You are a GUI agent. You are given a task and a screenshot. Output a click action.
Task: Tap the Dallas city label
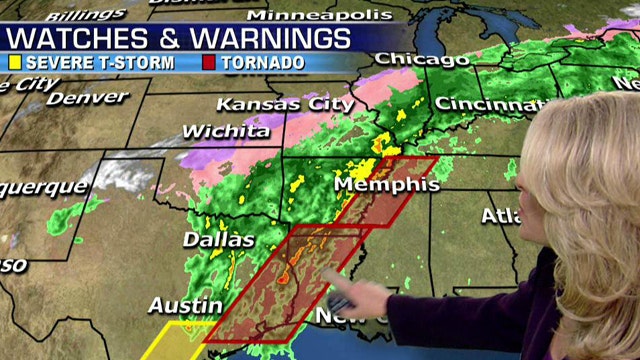tap(218, 240)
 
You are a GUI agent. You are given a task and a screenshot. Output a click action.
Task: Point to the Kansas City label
tap(285, 104)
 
